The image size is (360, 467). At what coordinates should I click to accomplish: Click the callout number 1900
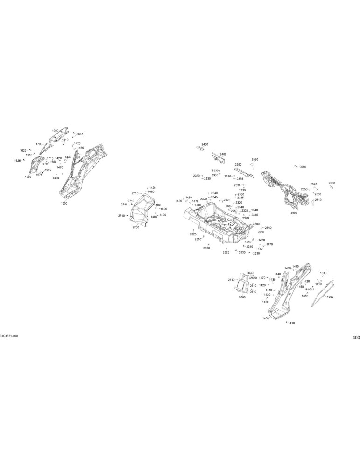tap(55, 131)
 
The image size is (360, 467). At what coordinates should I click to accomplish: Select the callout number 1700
tap(39, 144)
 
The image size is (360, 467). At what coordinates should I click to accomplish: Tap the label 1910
tap(29, 155)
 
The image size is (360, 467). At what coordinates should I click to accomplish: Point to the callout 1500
tap(64, 204)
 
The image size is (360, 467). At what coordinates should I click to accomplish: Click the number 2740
tap(124, 205)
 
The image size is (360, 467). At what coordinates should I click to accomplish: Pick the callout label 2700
tap(135, 227)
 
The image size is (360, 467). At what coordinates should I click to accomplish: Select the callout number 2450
tap(205, 144)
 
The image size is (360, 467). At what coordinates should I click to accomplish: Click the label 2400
tap(223, 154)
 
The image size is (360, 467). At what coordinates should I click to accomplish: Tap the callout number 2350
tap(238, 165)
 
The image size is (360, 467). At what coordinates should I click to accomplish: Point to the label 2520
tap(254, 159)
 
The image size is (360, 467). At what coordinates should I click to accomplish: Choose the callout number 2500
tap(294, 213)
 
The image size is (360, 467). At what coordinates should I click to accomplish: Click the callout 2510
tap(318, 200)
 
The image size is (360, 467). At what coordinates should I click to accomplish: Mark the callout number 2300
tap(256, 224)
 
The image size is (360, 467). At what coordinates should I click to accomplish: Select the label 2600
tap(242, 297)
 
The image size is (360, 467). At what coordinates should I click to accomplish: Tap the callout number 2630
tap(250, 273)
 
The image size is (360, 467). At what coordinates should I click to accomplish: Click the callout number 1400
tap(266, 318)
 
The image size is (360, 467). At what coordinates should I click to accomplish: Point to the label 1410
tap(291, 323)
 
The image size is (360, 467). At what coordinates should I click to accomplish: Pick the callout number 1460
tap(296, 266)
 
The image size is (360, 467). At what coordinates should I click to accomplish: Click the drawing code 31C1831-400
tap(9, 336)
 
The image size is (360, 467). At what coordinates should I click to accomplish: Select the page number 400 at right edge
tap(356, 338)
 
